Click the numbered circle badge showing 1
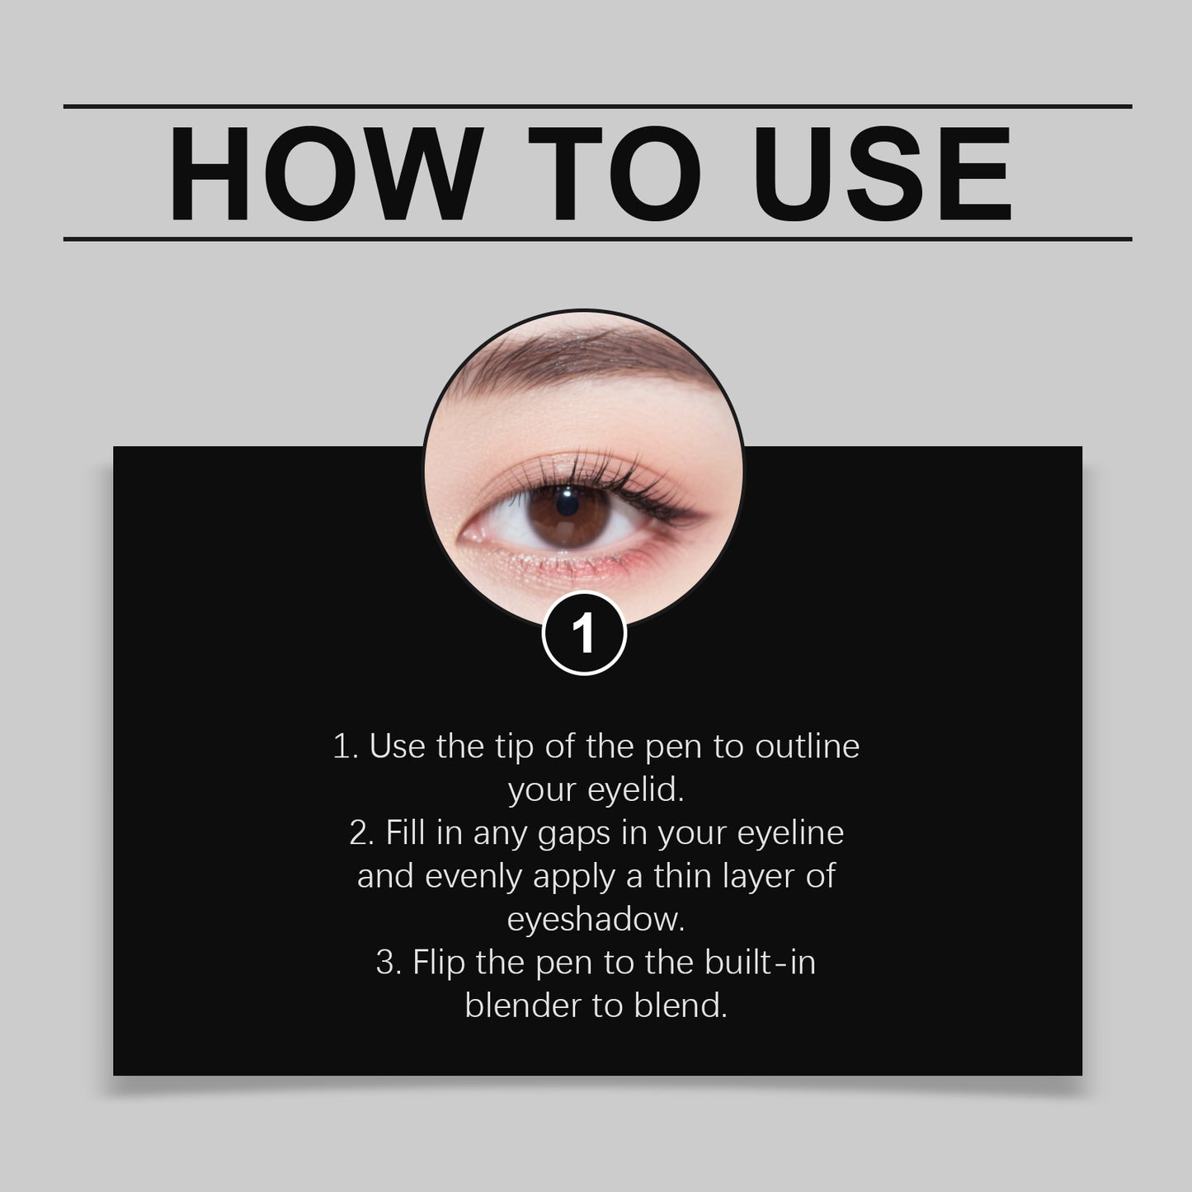click(584, 634)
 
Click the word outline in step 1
click(808, 747)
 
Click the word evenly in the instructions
click(474, 877)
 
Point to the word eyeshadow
click(596, 920)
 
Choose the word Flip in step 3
click(439, 963)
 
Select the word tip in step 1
click(513, 747)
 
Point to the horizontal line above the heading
click(597, 106)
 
